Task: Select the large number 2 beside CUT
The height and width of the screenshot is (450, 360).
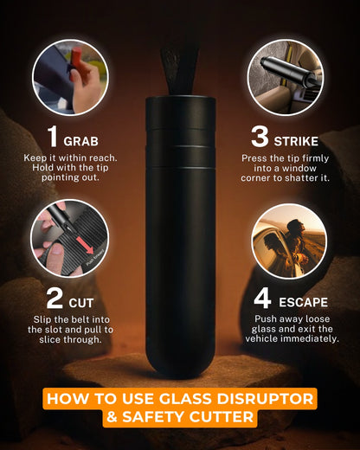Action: point(55,299)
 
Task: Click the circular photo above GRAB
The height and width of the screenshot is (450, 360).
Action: point(70,77)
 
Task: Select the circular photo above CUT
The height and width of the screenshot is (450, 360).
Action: point(69,239)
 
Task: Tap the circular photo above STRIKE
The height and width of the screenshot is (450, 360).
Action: point(288,77)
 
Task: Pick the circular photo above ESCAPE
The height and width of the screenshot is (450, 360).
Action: point(288,241)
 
